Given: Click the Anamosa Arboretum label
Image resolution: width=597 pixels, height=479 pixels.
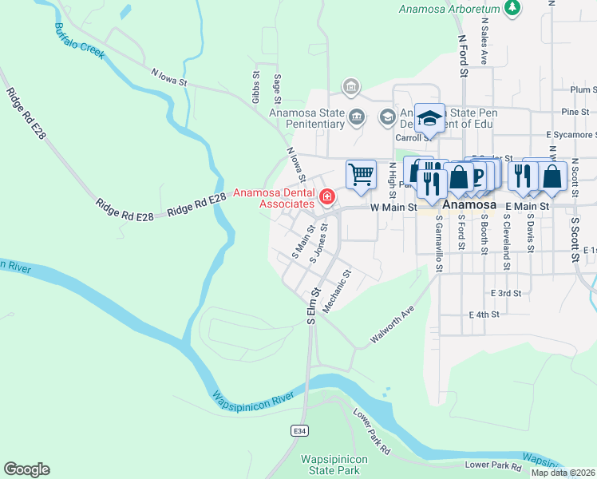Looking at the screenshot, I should [x=449, y=9].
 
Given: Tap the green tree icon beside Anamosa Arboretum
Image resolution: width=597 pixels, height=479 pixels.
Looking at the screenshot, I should [x=512, y=9].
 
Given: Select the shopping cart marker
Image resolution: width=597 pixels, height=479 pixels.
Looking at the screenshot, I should [x=361, y=174].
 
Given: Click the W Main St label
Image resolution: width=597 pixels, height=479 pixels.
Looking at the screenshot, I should [x=394, y=207].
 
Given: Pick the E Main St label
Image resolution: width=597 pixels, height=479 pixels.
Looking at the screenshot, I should [x=527, y=207].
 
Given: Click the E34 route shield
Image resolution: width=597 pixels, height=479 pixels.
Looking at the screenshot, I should [x=299, y=431].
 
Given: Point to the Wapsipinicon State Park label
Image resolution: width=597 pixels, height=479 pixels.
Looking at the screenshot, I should [x=334, y=465].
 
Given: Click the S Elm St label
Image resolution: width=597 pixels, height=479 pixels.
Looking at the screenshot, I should [x=312, y=306].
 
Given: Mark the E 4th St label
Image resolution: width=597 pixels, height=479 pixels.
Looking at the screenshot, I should [x=484, y=315].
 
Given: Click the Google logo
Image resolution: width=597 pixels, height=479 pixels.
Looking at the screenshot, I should [x=26, y=469].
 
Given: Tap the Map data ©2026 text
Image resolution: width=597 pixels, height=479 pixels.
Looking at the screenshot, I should [x=563, y=473].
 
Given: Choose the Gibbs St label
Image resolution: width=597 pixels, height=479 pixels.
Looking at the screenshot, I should [x=256, y=87].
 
